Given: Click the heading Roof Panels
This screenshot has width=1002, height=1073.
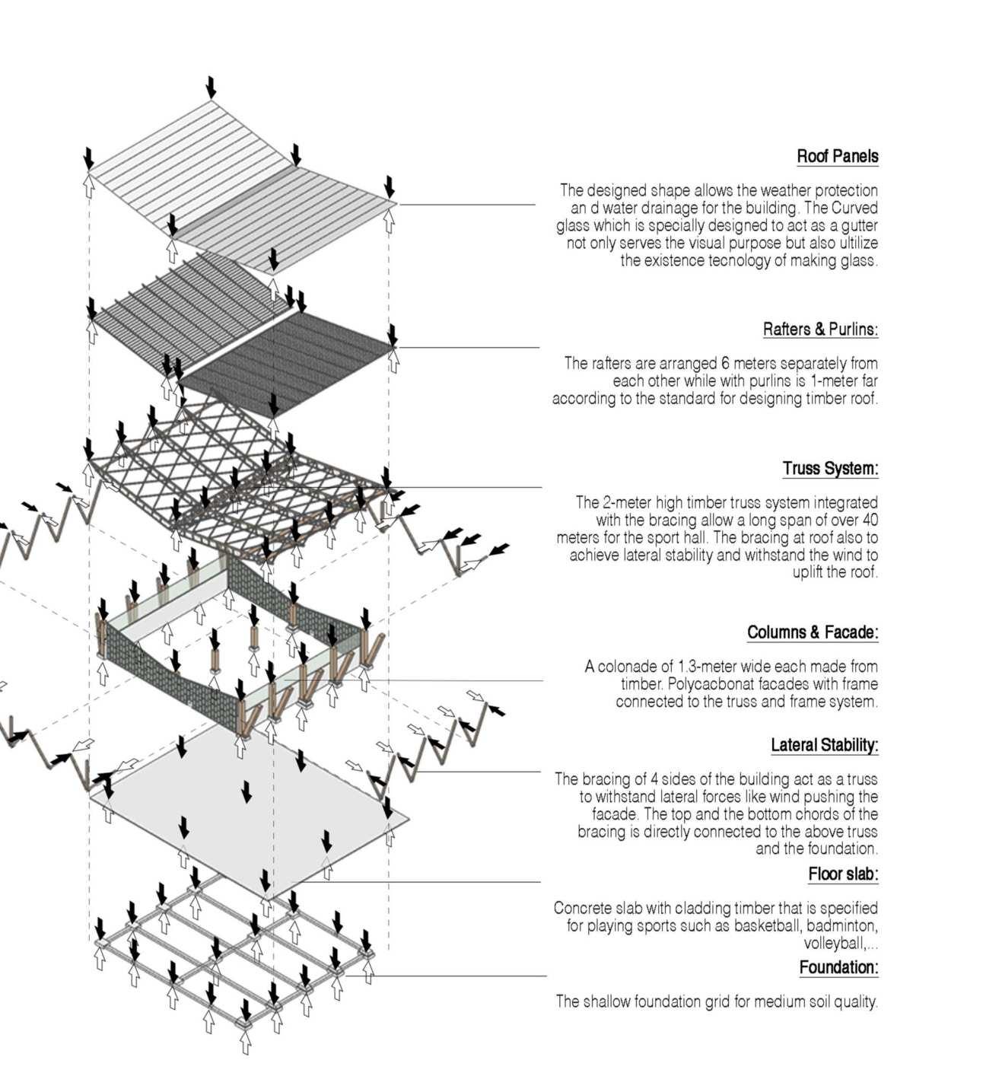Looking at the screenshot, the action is point(837,157).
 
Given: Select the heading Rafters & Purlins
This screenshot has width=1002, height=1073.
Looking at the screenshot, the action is point(820,330).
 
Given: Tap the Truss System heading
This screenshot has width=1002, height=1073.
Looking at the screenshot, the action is point(830,469).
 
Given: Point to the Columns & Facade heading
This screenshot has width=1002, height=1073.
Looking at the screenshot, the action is point(812,632).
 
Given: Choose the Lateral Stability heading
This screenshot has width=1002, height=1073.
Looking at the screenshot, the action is point(824,745).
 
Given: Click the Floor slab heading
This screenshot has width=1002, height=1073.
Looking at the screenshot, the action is point(843,874).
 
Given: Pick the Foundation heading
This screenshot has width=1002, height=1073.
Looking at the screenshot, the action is point(838,968).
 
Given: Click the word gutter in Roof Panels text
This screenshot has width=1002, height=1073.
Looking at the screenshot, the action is point(857,226).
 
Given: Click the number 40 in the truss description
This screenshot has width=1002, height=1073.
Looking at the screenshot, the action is point(870,521).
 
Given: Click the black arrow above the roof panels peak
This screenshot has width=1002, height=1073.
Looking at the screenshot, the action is point(211,87).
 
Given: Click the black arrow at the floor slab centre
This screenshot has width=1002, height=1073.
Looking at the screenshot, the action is point(247,791).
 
